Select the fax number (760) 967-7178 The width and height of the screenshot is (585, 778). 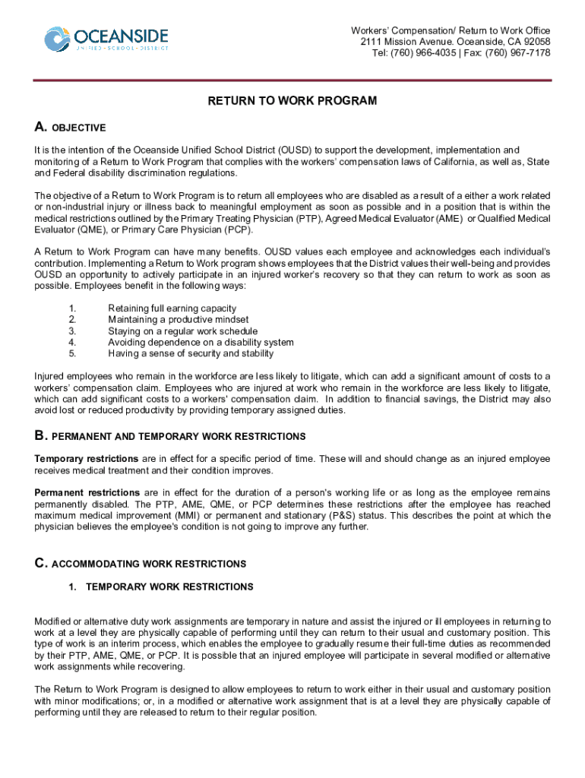[x=520, y=53]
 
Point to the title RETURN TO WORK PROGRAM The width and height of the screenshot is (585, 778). [x=292, y=101]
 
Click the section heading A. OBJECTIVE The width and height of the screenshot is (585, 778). [x=70, y=127]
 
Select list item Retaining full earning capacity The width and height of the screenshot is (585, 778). [x=172, y=308]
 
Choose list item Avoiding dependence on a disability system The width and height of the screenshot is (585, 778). [x=201, y=343]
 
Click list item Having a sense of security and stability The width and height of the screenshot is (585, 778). [x=191, y=353]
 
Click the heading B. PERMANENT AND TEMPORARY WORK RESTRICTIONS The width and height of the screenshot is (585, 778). [x=170, y=436]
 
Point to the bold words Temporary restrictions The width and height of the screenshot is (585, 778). [x=86, y=459]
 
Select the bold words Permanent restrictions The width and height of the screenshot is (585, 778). [x=87, y=493]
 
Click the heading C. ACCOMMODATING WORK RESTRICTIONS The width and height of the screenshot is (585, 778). [x=141, y=564]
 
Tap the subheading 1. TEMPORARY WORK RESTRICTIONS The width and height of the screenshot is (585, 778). [x=161, y=587]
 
